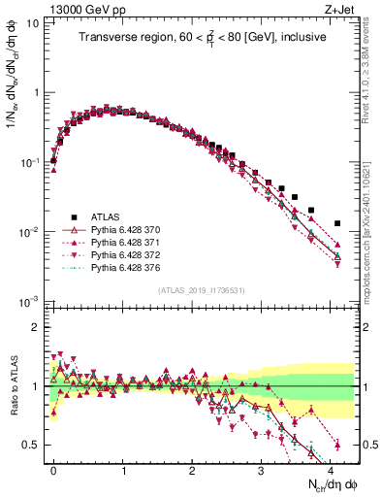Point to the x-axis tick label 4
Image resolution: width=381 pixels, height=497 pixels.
click(x=332, y=469)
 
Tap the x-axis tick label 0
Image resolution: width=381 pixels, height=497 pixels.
click(x=53, y=469)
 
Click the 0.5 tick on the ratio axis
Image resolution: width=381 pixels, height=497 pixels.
click(x=32, y=445)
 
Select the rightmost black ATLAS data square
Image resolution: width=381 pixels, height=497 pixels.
click(x=337, y=222)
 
